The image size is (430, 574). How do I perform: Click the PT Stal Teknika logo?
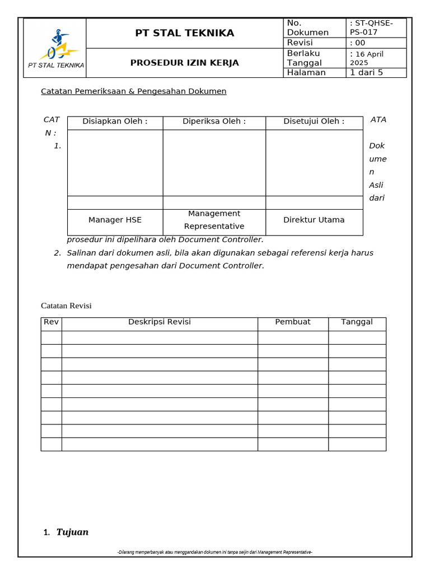(55, 47)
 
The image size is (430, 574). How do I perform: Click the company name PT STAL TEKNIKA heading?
(185, 33)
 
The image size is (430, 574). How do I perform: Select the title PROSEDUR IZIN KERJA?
(185, 63)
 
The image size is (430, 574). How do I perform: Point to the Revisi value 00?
(358, 43)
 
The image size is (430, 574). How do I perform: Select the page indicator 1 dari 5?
(366, 72)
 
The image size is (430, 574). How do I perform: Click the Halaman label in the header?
(306, 72)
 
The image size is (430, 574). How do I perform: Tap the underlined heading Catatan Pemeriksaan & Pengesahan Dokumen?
(134, 91)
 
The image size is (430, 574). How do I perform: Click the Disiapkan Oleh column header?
(115, 121)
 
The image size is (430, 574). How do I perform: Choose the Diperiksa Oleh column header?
(214, 121)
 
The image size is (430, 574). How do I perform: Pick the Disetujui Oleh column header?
(314, 121)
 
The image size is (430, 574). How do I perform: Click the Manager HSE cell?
(115, 220)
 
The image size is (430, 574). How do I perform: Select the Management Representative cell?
(214, 220)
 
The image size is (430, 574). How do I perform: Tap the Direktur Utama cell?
(314, 220)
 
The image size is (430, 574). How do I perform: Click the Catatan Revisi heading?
(66, 305)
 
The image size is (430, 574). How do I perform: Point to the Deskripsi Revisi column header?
(160, 322)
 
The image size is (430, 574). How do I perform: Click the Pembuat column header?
(293, 322)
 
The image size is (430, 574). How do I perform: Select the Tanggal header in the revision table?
(357, 322)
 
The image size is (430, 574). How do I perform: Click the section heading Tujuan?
(72, 532)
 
